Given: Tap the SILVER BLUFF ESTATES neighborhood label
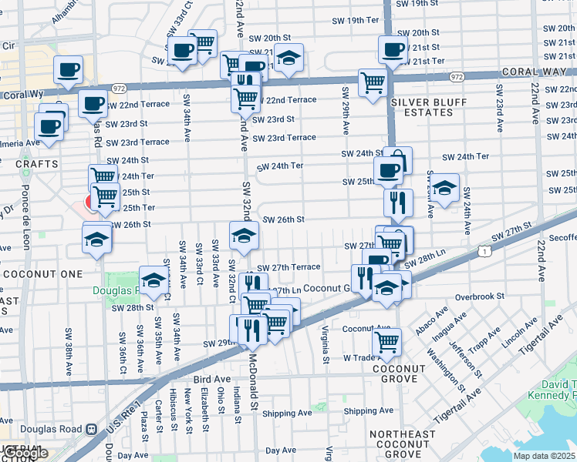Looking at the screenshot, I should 422,107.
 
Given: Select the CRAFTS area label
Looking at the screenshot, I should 36,164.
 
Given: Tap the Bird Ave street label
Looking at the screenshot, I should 212,380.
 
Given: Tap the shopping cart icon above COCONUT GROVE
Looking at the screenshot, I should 386,340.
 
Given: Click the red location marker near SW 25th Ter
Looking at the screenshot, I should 89,203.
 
